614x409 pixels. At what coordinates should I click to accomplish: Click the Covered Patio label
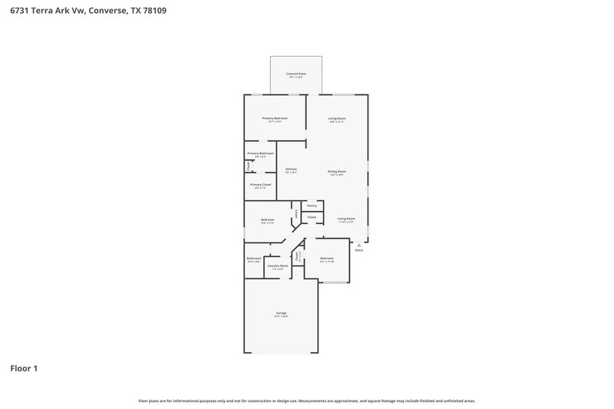coord(296,74)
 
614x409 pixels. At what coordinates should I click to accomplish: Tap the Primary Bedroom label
coord(275,118)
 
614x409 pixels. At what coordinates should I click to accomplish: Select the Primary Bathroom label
coord(260,153)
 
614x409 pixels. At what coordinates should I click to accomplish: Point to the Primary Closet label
coord(260,184)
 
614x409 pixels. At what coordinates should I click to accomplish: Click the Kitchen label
coord(291,169)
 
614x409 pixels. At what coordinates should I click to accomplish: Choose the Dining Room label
coord(337,171)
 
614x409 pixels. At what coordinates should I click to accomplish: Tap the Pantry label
coord(312,206)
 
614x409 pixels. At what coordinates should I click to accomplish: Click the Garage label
coord(281,313)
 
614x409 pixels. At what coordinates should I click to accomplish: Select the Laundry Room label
coord(278,266)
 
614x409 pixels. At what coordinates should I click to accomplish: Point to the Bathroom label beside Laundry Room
coord(254,258)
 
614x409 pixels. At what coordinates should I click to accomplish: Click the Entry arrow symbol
coord(358,245)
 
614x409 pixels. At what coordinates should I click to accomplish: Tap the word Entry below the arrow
coord(358,251)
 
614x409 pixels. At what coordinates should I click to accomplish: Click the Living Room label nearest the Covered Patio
coord(337,118)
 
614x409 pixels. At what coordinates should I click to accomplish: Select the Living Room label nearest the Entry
coord(346,219)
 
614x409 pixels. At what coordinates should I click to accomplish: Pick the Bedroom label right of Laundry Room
coord(327,259)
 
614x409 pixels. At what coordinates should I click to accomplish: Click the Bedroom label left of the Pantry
coord(267,219)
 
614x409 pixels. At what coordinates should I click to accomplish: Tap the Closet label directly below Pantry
coord(312,217)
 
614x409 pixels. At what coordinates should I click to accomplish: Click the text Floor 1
coord(23,368)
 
